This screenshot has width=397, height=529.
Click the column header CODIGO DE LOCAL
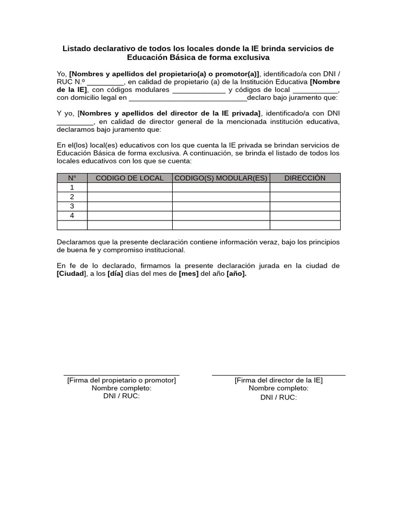(x=129, y=178)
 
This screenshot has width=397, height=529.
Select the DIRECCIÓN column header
(x=305, y=178)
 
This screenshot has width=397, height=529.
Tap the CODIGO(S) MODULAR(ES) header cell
(x=221, y=178)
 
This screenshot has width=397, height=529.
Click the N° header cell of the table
(x=72, y=178)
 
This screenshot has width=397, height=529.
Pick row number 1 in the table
(x=72, y=188)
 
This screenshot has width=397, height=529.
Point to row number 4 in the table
(x=72, y=216)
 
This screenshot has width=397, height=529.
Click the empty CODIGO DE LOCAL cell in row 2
(x=129, y=197)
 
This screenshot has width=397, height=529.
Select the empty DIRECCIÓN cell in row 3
(x=305, y=206)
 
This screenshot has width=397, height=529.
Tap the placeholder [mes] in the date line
(x=189, y=274)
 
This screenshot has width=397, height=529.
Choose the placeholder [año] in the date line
(x=236, y=274)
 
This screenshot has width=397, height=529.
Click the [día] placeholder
(x=115, y=274)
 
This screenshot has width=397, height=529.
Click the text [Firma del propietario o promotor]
(x=121, y=380)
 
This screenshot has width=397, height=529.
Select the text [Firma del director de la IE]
(x=279, y=380)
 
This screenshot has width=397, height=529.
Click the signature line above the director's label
(x=279, y=375)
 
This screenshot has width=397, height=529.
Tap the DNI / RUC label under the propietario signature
(x=121, y=396)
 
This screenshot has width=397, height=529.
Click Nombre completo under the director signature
(x=279, y=388)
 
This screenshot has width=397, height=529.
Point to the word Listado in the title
(x=78, y=49)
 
